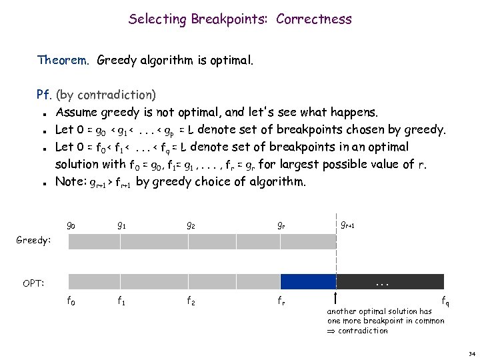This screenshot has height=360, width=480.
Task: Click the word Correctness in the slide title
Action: [317, 19]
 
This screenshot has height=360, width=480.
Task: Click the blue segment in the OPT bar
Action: [308, 281]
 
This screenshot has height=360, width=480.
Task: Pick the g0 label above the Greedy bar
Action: [71, 225]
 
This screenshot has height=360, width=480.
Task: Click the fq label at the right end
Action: [445, 302]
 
